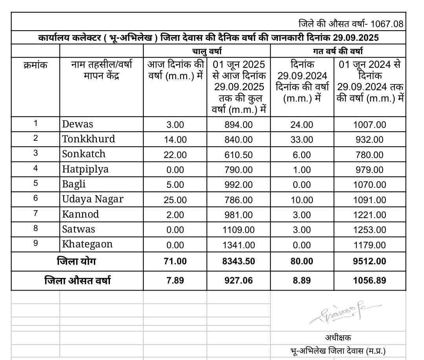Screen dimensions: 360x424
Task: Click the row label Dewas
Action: click(x=78, y=124)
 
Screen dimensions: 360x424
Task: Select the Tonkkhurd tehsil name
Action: click(x=89, y=139)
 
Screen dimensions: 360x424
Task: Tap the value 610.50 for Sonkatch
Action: click(x=238, y=155)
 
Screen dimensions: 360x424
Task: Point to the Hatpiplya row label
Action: click(x=86, y=169)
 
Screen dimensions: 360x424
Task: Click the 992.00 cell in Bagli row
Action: click(x=238, y=185)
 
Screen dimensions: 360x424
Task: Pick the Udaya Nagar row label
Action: click(x=93, y=199)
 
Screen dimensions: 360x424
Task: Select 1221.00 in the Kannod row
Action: click(x=369, y=215)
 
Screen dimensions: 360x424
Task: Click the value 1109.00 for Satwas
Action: click(x=238, y=230)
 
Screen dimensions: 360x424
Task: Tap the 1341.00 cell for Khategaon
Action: click(x=238, y=245)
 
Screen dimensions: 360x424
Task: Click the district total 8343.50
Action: click(x=238, y=261)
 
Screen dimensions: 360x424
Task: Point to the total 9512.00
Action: click(x=369, y=261)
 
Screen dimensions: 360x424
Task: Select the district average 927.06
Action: click(x=238, y=280)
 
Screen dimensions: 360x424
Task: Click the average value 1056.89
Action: click(x=369, y=280)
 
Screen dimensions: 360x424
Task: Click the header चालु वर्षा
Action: click(x=207, y=51)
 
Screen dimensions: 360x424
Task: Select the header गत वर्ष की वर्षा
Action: click(x=338, y=51)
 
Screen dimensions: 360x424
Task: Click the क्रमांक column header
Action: click(x=35, y=65)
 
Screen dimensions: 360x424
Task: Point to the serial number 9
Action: click(x=36, y=244)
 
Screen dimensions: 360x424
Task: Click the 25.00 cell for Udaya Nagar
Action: click(x=175, y=200)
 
